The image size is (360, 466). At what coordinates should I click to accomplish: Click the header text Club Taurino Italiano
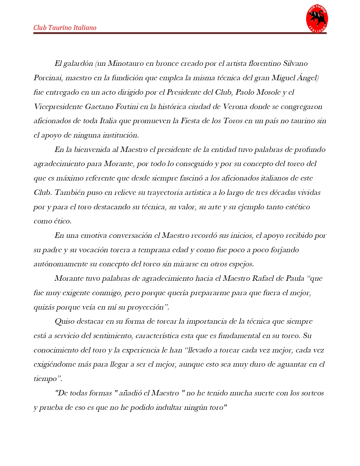(x=65, y=28)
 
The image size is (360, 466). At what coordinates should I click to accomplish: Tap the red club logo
(x=317, y=19)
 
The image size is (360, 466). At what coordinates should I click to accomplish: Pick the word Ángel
(x=308, y=78)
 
